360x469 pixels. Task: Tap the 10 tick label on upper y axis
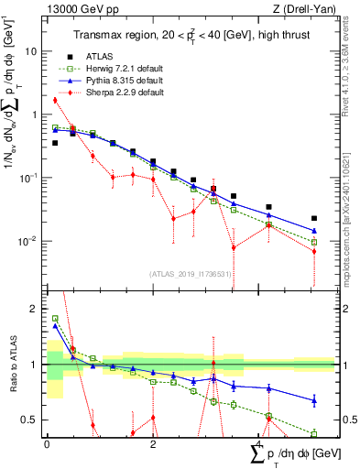(x=31, y=51)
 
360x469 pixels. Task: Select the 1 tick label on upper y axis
(x=35, y=115)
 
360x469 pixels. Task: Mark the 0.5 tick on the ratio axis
(x=31, y=420)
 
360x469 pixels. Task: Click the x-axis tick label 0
(x=47, y=443)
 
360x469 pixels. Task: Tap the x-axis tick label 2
(x=153, y=443)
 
